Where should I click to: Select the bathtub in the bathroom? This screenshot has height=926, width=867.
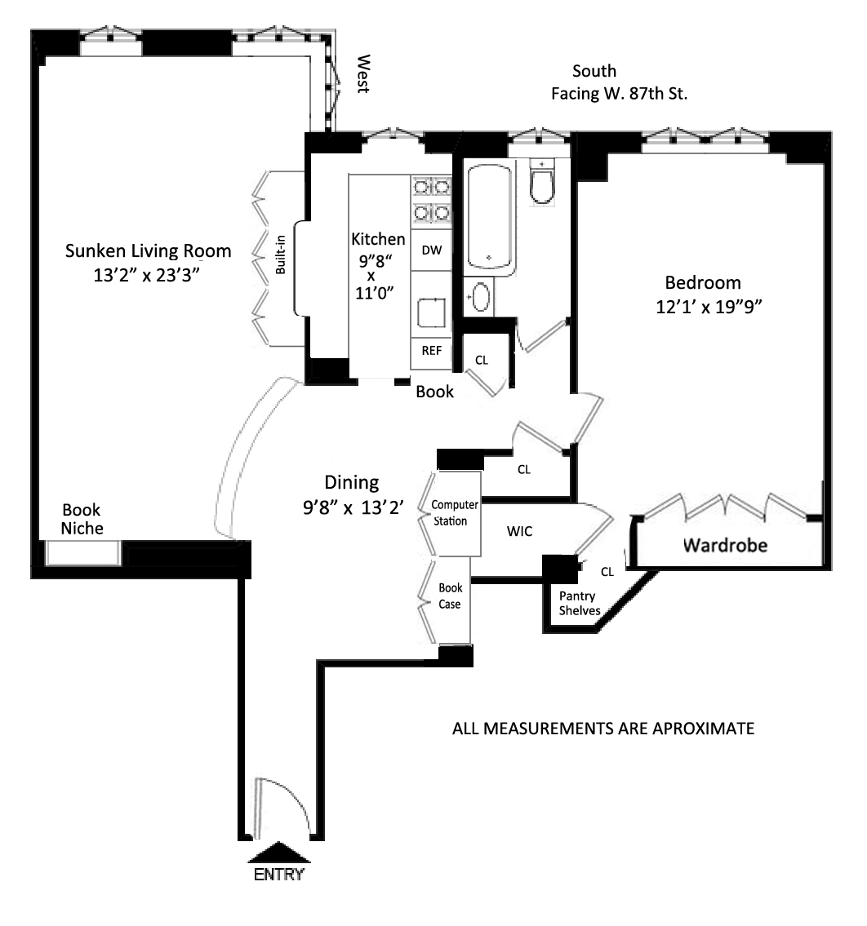[489, 218]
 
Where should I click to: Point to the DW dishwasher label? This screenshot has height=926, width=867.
[431, 250]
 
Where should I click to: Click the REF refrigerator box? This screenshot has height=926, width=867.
[431, 351]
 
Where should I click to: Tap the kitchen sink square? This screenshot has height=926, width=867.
[430, 312]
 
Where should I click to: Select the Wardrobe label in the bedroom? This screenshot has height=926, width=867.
[725, 544]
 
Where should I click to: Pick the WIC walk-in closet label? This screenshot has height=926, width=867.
[520, 531]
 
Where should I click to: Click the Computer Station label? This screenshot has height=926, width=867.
[455, 513]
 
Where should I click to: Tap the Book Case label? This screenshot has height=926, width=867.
[450, 596]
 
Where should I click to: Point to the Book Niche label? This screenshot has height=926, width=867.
[83, 519]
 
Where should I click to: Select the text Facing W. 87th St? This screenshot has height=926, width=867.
[620, 94]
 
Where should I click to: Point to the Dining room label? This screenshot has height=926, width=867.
[352, 482]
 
